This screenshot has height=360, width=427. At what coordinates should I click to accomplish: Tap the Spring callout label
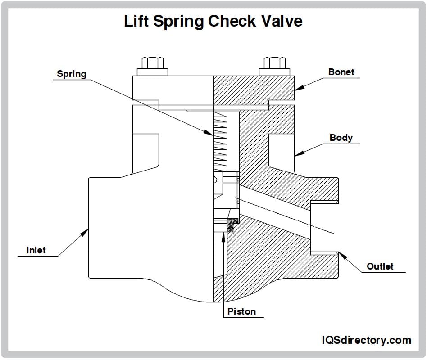tap(71, 74)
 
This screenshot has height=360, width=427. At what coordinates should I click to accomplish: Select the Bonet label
tap(341, 72)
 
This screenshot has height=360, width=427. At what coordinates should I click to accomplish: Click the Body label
tap(341, 138)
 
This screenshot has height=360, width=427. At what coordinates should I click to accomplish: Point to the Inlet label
tap(36, 250)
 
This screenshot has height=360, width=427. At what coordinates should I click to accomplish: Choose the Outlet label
tap(380, 266)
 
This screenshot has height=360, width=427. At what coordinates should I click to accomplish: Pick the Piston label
tap(241, 311)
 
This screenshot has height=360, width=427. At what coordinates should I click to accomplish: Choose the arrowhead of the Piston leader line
tap(223, 236)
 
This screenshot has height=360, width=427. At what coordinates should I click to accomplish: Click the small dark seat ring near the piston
tap(232, 224)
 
